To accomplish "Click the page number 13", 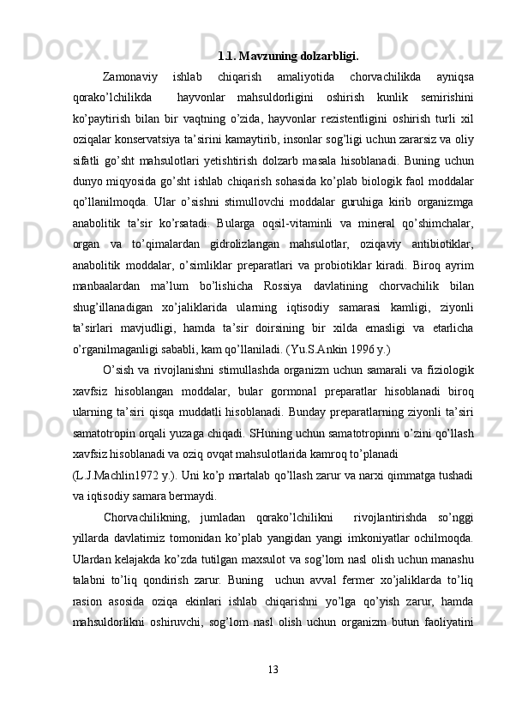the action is point(273,665).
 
